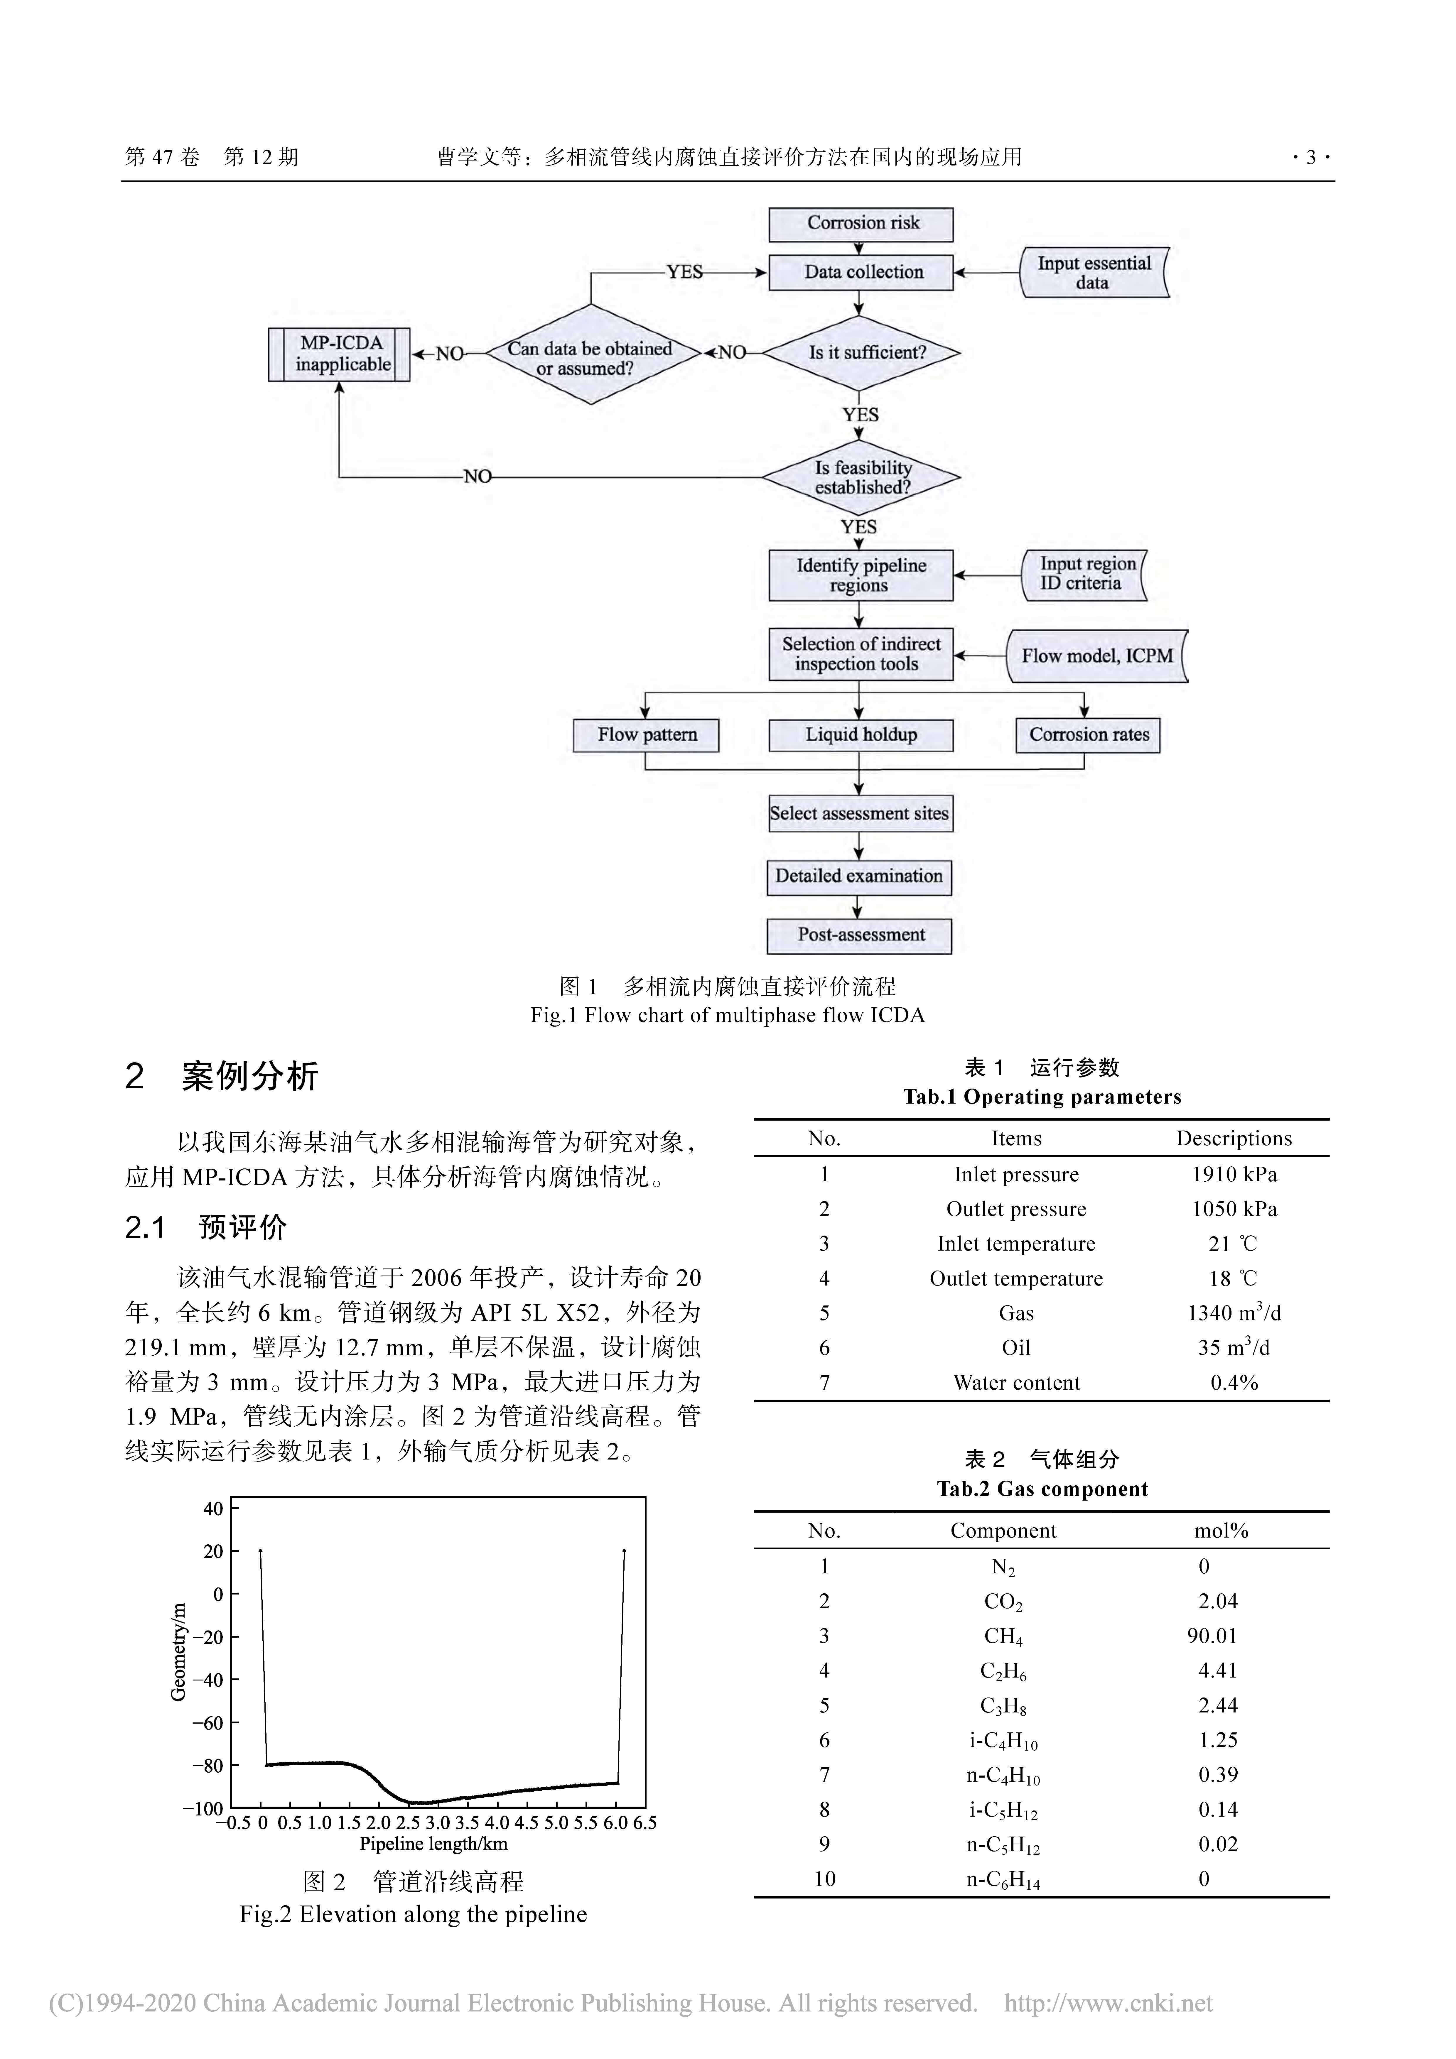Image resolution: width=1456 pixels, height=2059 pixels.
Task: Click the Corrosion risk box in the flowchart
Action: point(860,223)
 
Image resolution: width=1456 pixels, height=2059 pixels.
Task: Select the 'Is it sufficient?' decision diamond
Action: point(860,352)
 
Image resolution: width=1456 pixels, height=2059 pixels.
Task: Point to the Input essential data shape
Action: point(1094,273)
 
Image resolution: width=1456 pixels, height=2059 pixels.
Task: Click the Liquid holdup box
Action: point(860,734)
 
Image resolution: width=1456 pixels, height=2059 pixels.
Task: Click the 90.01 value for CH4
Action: point(1212,1636)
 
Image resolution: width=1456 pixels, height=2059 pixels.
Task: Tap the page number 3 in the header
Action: point(1311,158)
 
